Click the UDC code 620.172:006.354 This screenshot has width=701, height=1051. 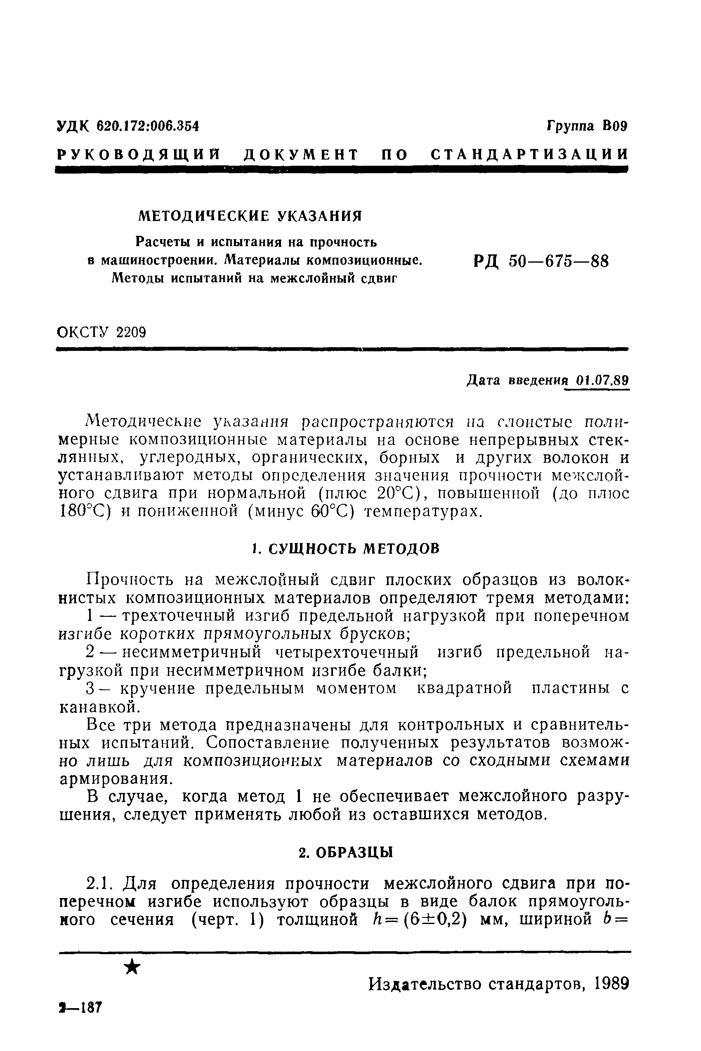tap(148, 127)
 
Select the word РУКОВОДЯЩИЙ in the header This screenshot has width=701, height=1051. tap(139, 155)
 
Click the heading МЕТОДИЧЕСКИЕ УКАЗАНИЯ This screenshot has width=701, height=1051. tap(250, 216)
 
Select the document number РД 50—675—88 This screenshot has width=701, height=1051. tap(541, 261)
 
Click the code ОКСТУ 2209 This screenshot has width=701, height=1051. tap(102, 332)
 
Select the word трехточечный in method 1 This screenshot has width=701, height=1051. tap(179, 616)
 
